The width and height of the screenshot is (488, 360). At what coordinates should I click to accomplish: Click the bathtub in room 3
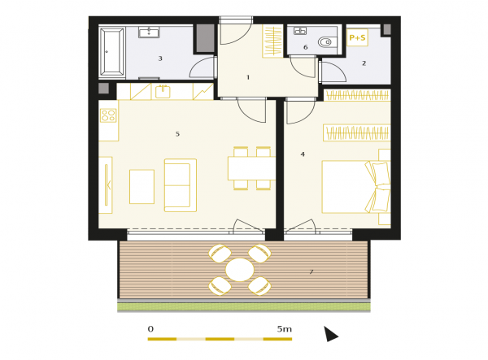pyautogui.click(x=112, y=52)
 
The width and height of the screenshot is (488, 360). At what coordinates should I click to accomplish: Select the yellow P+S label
pyautogui.click(x=357, y=37)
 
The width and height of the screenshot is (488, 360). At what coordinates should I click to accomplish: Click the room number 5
pyautogui.click(x=177, y=134)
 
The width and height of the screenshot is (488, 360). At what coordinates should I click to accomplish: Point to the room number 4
pyautogui.click(x=303, y=154)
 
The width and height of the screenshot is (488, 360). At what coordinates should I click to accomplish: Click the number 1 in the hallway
pyautogui.click(x=248, y=77)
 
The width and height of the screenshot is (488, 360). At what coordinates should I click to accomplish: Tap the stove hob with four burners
pyautogui.click(x=108, y=115)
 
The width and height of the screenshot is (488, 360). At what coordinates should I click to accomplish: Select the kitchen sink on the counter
pyautogui.click(x=163, y=92)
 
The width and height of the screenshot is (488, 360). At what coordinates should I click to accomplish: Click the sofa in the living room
pyautogui.click(x=181, y=185)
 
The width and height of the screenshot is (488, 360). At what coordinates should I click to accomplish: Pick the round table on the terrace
pyautogui.click(x=240, y=270)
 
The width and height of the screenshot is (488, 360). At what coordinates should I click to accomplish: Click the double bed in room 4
pyautogui.click(x=356, y=187)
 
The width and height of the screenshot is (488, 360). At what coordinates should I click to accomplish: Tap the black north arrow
pyautogui.click(x=330, y=334)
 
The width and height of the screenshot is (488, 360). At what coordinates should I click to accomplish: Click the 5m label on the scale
pyautogui.click(x=285, y=329)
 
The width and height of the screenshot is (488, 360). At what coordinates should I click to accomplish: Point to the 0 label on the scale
pyautogui.click(x=150, y=329)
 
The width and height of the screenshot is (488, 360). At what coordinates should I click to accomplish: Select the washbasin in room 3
pyautogui.click(x=149, y=32)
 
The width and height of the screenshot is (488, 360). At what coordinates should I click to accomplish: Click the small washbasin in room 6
pyautogui.click(x=300, y=31)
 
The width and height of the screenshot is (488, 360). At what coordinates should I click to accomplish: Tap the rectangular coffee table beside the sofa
pyautogui.click(x=142, y=187)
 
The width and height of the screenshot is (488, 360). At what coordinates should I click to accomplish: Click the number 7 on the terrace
pyautogui.click(x=312, y=271)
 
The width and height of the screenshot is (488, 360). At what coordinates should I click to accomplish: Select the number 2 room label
pyautogui.click(x=364, y=63)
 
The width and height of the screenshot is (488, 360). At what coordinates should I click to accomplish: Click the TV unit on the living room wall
pyautogui.click(x=106, y=185)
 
